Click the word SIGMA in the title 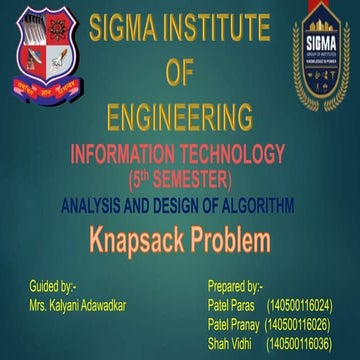point(123,27)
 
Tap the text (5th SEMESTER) point(180,179)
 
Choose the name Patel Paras point(231,303)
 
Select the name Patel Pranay point(234,323)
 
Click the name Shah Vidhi point(229,343)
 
